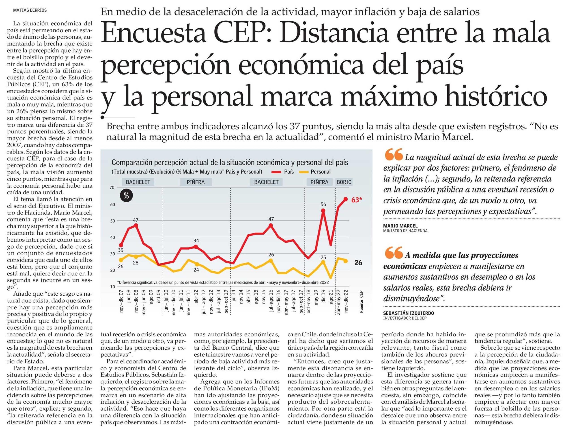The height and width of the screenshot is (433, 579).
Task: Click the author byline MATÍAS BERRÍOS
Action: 30,11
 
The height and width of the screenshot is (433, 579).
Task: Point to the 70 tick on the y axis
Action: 112,188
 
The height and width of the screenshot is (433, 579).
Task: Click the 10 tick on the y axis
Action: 112,287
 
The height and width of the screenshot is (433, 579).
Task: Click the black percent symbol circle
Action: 126,196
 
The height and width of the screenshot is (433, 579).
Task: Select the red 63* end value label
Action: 357,200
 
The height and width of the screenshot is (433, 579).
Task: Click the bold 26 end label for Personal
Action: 358,262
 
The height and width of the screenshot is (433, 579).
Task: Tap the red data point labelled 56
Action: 323,211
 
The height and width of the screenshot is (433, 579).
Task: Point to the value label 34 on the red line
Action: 196,240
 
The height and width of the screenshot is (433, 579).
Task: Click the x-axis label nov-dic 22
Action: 346,301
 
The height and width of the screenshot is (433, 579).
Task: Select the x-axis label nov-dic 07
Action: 121,301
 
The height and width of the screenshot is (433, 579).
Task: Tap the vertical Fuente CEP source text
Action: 362,301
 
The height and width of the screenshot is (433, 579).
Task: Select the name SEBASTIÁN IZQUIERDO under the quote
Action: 408,313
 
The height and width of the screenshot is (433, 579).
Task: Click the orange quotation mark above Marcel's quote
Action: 393,155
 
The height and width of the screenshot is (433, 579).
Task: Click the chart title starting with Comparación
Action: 230,162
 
